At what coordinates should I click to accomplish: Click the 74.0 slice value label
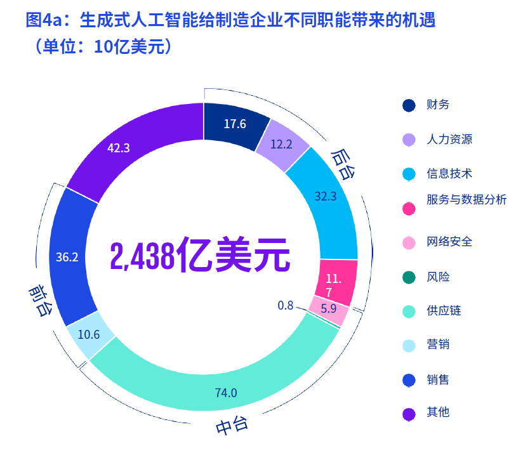226,393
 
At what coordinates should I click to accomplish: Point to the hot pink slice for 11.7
334,285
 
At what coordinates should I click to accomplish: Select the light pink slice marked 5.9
328,310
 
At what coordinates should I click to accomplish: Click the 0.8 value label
286,306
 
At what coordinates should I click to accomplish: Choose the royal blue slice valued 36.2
68,256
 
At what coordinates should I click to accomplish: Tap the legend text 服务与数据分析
467,200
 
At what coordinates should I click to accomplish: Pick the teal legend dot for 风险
409,277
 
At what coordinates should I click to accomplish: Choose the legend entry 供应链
444,311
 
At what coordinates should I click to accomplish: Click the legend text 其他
438,412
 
